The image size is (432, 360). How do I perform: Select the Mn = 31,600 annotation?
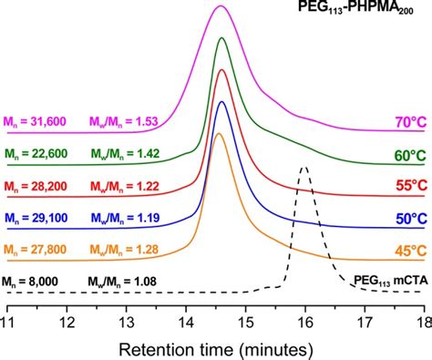[x=37, y=120]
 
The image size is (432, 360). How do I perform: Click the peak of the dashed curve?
[x=304, y=167]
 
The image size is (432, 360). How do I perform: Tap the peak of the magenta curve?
[x=220, y=6]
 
